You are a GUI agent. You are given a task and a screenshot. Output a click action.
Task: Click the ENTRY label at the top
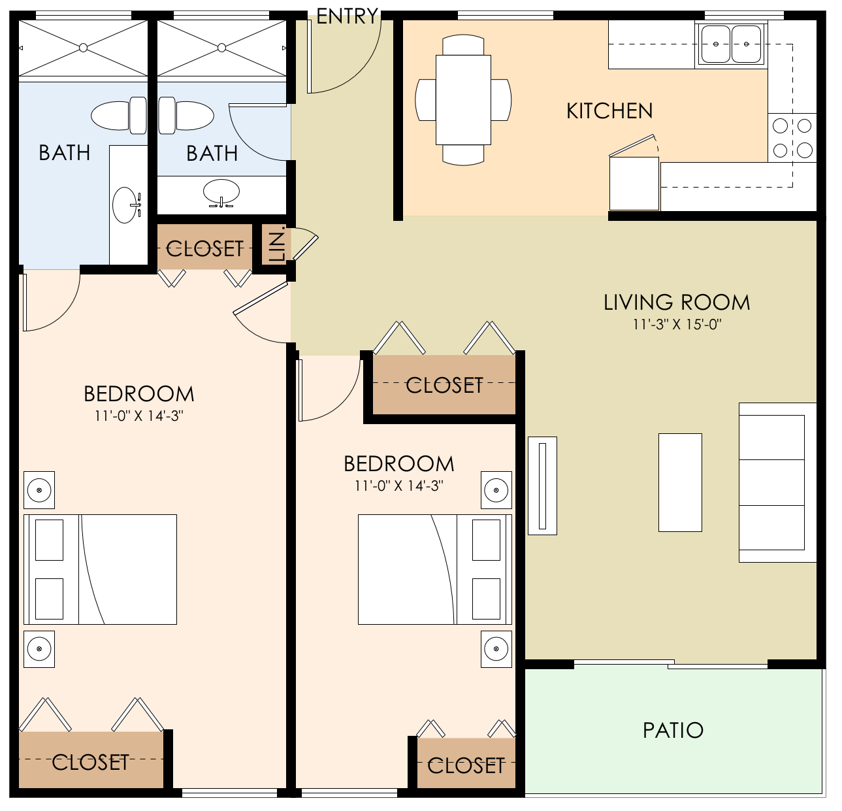(x=347, y=16)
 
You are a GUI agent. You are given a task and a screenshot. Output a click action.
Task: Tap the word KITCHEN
(x=609, y=111)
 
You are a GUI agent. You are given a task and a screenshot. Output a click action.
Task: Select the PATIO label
(x=673, y=730)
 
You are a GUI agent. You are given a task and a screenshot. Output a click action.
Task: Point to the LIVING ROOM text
(x=676, y=303)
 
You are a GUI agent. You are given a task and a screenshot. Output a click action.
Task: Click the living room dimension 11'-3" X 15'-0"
(x=677, y=325)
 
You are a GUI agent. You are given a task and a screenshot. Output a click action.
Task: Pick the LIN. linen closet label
(x=277, y=244)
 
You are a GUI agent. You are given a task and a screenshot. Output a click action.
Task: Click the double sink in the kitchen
(x=731, y=44)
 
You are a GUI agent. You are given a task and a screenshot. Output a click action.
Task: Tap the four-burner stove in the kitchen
(x=792, y=137)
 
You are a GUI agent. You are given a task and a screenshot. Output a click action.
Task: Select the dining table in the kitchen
(x=463, y=100)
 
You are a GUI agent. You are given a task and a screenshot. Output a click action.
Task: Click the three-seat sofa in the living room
(x=776, y=482)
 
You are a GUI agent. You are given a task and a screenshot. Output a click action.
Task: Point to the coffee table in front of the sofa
(x=680, y=482)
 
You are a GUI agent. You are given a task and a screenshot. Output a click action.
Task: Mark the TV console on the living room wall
(x=542, y=486)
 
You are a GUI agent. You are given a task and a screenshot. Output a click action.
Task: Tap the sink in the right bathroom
(x=221, y=192)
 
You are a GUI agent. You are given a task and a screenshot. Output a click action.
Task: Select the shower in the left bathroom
(x=83, y=48)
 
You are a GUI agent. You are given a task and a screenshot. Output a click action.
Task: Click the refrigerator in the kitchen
(x=634, y=183)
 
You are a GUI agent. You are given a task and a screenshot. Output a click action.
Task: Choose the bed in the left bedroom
(x=100, y=569)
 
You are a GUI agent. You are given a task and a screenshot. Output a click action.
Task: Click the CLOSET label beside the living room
(x=444, y=386)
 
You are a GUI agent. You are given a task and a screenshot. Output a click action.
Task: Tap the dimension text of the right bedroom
(x=398, y=486)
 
